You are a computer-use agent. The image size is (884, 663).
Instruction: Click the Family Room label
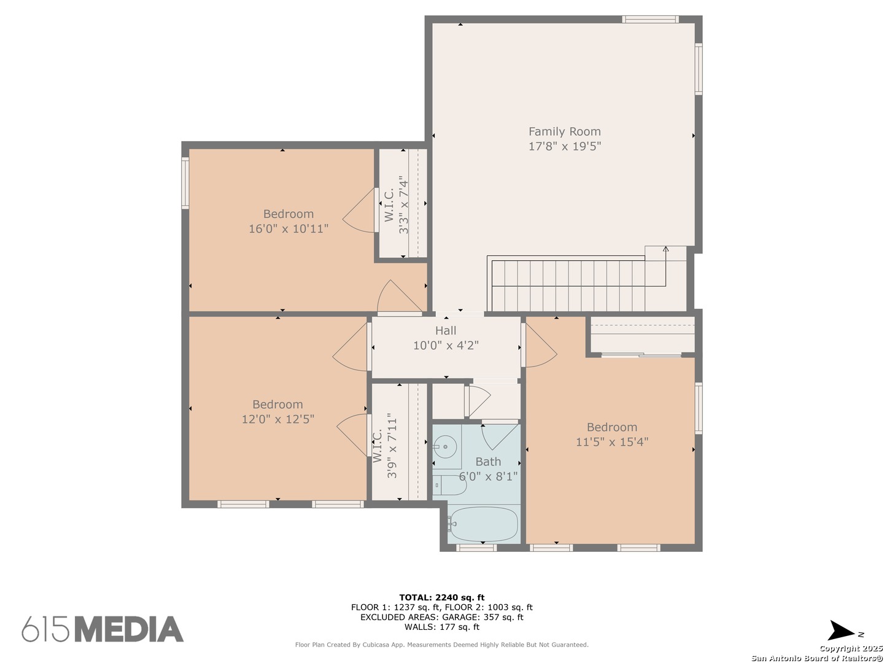point(564,131)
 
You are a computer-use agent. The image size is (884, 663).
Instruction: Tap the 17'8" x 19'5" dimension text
point(565,146)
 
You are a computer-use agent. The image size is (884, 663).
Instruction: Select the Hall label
point(446,330)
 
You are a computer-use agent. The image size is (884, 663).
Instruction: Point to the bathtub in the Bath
point(483,524)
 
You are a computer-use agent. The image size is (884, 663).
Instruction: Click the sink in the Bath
point(446,446)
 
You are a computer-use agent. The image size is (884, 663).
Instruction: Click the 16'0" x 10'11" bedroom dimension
point(289,228)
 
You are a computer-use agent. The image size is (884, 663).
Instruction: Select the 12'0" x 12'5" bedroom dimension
point(278,419)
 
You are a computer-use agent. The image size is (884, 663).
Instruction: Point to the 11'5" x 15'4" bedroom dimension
point(612,442)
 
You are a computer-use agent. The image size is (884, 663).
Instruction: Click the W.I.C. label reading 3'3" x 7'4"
point(397,205)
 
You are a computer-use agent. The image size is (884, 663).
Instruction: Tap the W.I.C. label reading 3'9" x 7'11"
point(385,446)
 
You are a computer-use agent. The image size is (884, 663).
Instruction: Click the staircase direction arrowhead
point(665,249)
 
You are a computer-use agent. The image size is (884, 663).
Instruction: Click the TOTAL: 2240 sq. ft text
point(442,597)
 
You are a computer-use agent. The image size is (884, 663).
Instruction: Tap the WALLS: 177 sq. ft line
point(442,627)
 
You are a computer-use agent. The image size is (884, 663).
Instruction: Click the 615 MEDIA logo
point(103,629)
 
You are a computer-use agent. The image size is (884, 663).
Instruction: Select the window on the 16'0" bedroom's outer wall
point(185,183)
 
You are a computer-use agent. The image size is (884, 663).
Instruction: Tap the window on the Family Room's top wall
point(650,19)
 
